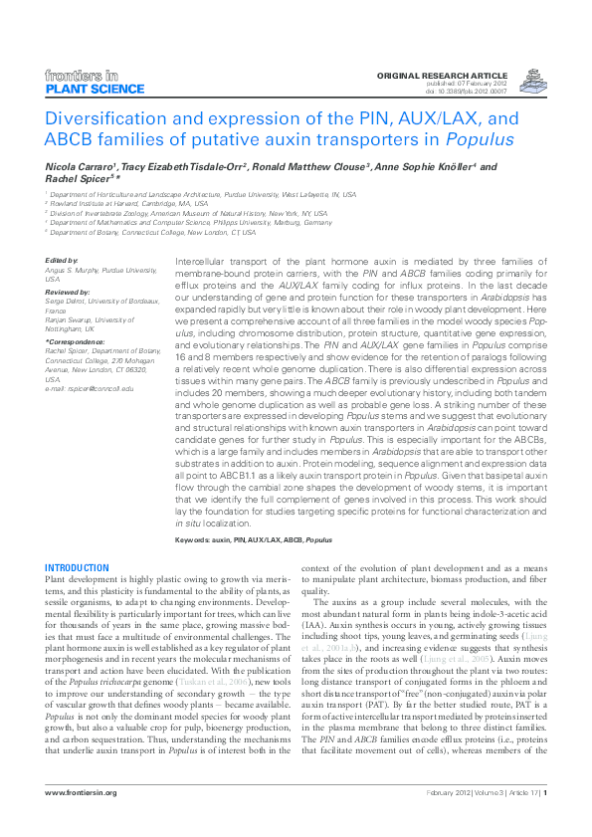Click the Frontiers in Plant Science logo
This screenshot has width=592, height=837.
pos(83,82)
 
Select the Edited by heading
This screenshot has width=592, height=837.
pos(62,260)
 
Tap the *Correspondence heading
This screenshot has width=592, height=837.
pos(75,341)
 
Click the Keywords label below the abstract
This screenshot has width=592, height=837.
pos(195,538)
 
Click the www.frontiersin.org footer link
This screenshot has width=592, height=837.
pos(82,792)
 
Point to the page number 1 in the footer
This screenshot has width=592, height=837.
pos(545,792)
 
